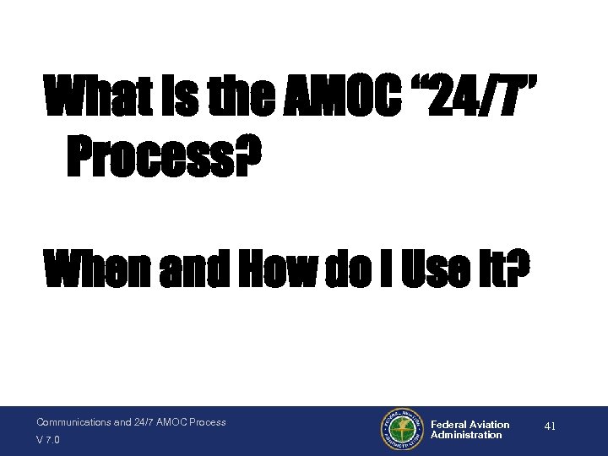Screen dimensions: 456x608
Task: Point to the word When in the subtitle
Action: (98, 269)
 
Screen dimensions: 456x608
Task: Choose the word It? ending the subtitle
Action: (498, 269)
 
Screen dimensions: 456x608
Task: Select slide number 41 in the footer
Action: (550, 427)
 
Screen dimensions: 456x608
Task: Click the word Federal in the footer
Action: (448, 425)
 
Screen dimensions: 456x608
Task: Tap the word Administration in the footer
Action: (466, 435)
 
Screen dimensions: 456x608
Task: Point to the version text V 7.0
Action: (47, 440)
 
